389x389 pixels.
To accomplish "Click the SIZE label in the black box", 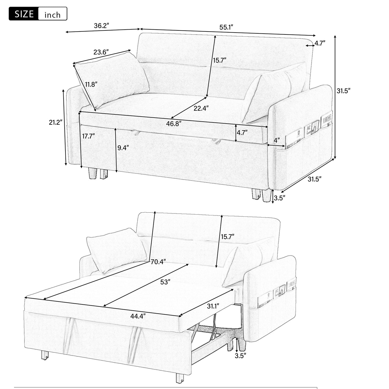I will [24, 14].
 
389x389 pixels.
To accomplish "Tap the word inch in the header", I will [52, 15].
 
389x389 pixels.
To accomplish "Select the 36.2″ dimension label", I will [101, 26].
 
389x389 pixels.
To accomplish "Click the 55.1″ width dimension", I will [226, 27].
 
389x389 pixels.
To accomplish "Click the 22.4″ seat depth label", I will [201, 108].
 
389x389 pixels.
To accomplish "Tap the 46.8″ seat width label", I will [174, 124].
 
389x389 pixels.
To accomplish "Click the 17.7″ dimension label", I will [88, 136].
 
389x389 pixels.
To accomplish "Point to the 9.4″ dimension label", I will [123, 147].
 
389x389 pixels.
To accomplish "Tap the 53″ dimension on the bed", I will [165, 282].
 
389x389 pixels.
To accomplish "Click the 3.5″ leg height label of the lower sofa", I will [240, 356].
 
